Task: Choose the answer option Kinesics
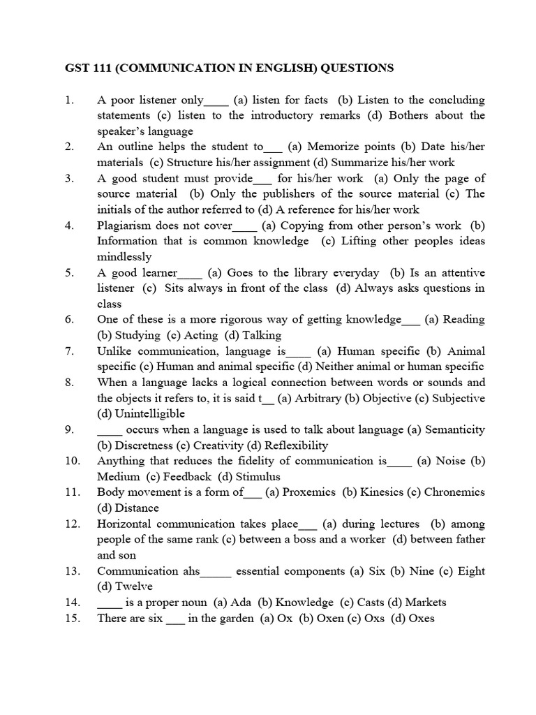coord(381,492)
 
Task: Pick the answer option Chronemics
coord(454,492)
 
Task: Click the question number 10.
coord(73,461)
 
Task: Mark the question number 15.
coord(73,618)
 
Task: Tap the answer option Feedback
coord(187,477)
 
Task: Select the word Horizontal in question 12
coord(125,524)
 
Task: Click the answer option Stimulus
coord(258,477)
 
